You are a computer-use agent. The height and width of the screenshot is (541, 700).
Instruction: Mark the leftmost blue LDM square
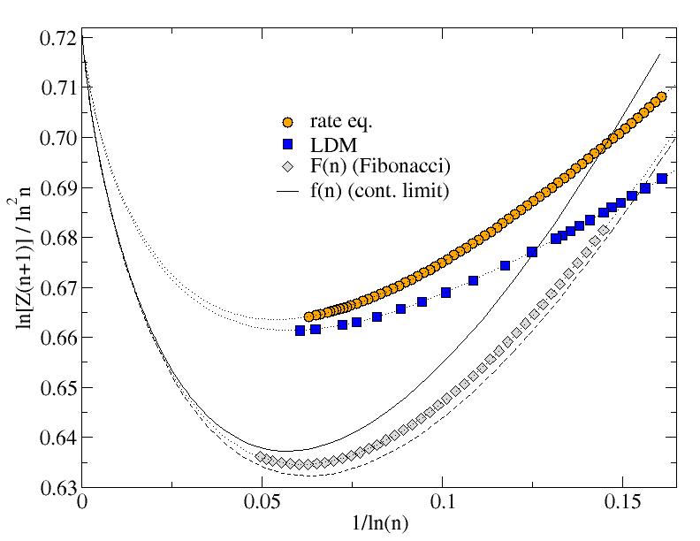tap(300, 330)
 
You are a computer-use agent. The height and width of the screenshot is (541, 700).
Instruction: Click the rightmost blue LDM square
tap(662, 179)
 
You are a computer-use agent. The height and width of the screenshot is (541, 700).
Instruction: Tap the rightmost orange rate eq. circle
tap(661, 96)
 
